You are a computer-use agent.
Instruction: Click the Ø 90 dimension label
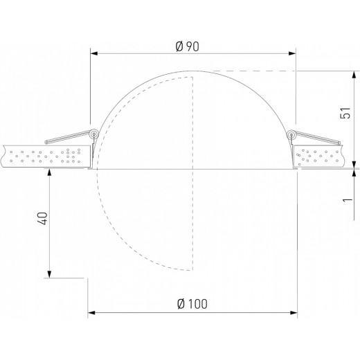[x=187, y=46]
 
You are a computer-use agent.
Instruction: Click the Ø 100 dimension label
[x=192, y=304]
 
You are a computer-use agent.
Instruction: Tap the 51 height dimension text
[x=345, y=113]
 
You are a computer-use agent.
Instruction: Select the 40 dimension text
[x=42, y=218]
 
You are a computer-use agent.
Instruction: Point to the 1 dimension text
[x=347, y=199]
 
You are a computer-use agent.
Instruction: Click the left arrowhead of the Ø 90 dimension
[x=94, y=53]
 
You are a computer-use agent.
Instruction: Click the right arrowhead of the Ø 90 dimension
[x=292, y=53]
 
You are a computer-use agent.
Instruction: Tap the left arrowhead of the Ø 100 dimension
[x=91, y=313]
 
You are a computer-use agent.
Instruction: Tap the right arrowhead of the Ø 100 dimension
[x=294, y=313]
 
